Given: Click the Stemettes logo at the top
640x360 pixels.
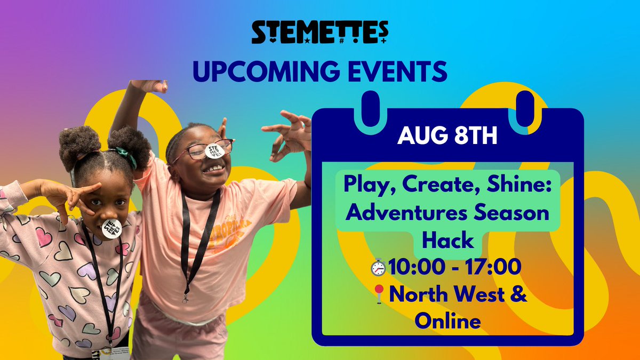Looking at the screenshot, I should pyautogui.click(x=319, y=33).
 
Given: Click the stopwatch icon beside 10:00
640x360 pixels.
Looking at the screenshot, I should pyautogui.click(x=378, y=267).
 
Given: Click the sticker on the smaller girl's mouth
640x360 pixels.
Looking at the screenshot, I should pyautogui.click(x=111, y=228).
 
